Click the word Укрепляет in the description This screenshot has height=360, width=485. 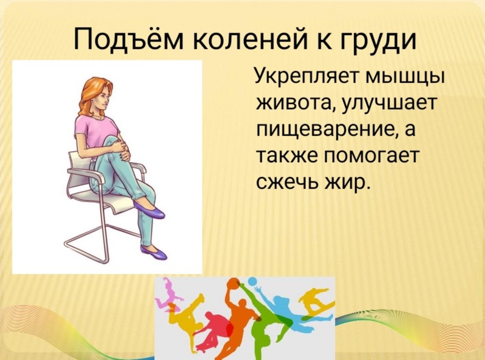[306, 76]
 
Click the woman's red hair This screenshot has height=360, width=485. [93, 95]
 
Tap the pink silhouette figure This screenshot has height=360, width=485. [169, 294]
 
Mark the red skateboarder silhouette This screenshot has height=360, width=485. [213, 330]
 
